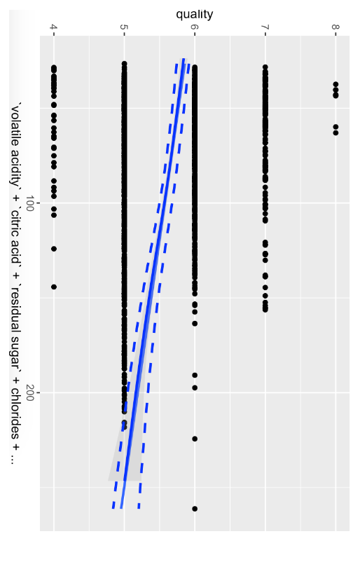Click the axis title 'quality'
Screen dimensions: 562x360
pyautogui.click(x=195, y=14)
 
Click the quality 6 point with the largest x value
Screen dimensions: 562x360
pyautogui.click(x=195, y=509)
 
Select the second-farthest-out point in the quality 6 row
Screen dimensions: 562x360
pyautogui.click(x=195, y=439)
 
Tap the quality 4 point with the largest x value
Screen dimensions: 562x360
pyautogui.click(x=54, y=287)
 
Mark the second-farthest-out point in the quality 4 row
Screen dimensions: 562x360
pyautogui.click(x=54, y=249)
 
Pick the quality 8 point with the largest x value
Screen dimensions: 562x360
pyautogui.click(x=335, y=132)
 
